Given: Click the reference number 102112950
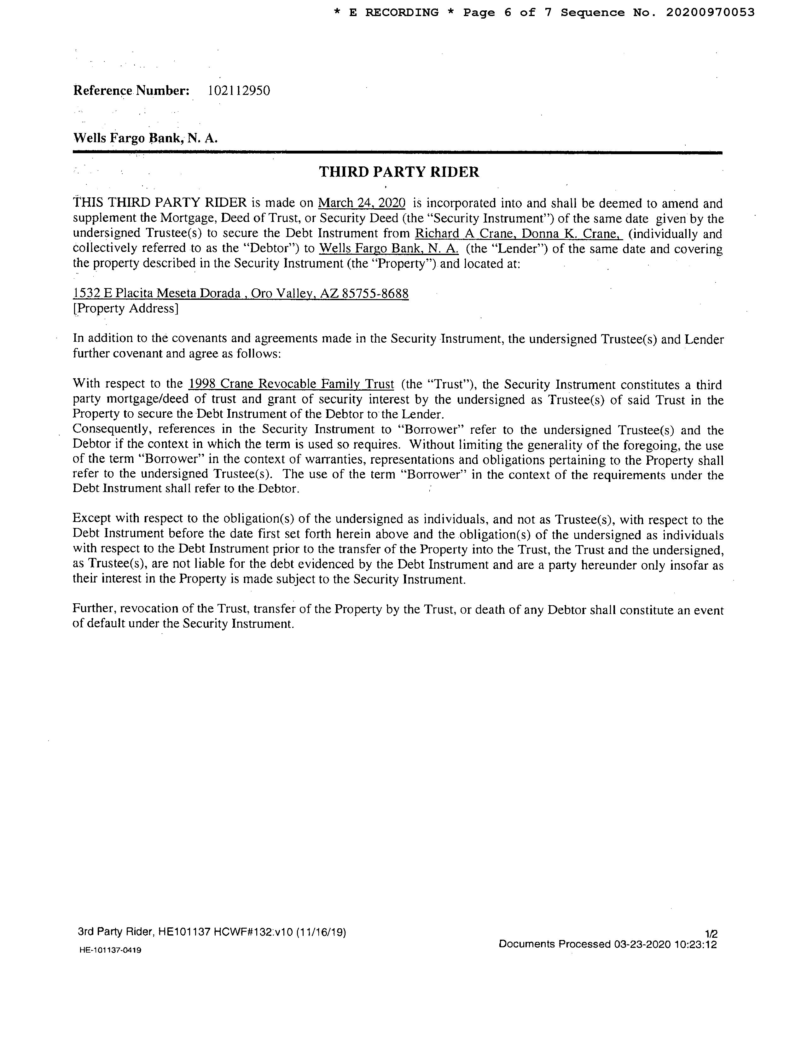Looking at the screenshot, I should click(x=239, y=90).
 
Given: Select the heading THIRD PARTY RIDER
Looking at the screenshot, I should click(x=399, y=172).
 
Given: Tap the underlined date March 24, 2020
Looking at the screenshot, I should click(x=362, y=203).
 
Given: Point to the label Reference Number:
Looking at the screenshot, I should click(x=131, y=90).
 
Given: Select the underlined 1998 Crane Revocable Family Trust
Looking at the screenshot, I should click(x=291, y=384).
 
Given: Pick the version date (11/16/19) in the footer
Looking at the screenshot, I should click(x=321, y=932).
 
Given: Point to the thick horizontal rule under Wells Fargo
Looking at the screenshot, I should click(x=397, y=153).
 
